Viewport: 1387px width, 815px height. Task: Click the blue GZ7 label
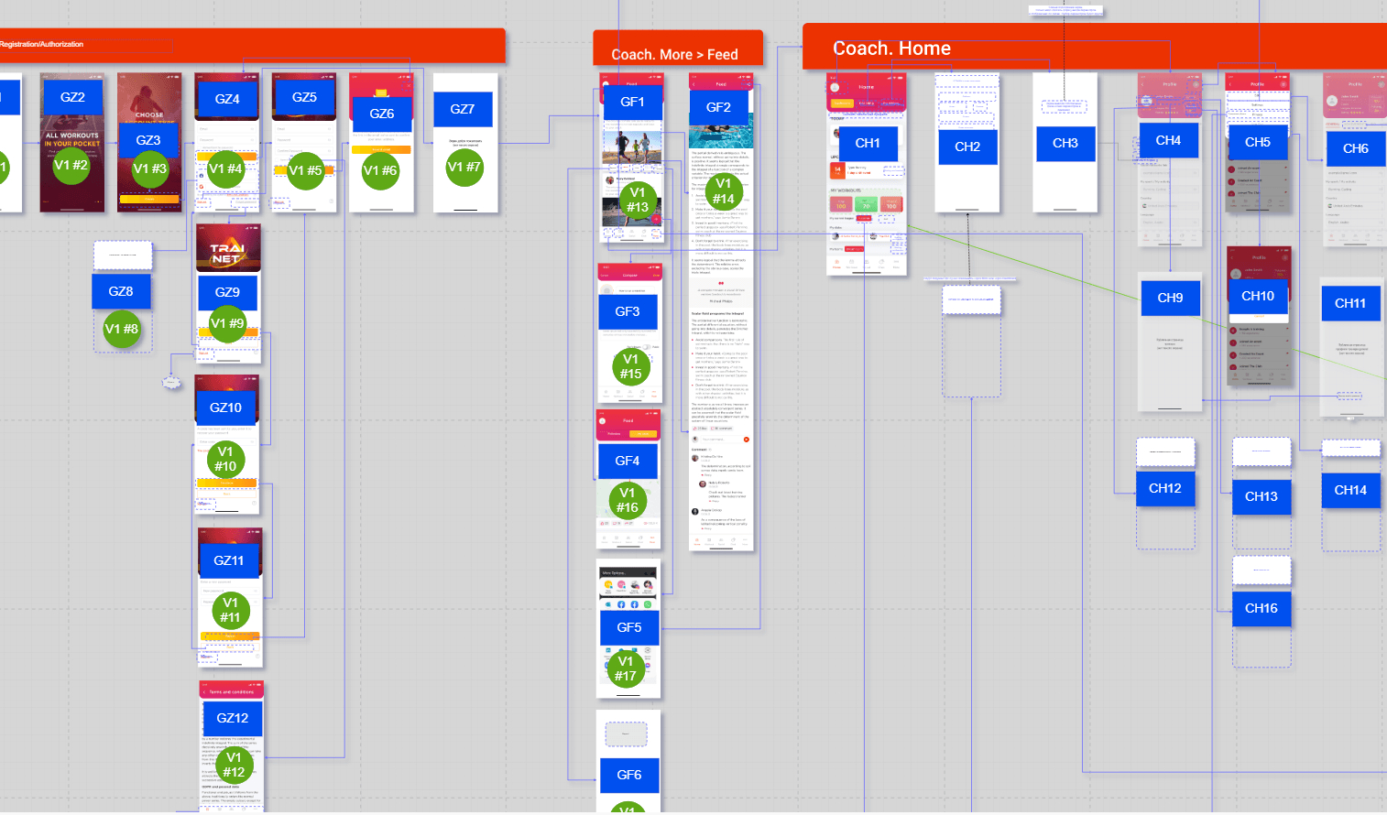(463, 109)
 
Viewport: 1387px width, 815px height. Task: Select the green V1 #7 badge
(464, 167)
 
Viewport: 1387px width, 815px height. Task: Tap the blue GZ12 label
(233, 718)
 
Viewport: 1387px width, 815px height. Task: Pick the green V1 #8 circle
(121, 329)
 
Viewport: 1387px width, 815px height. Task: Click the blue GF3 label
(628, 311)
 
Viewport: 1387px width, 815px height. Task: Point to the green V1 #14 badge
(724, 190)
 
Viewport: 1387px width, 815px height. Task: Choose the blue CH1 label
(868, 143)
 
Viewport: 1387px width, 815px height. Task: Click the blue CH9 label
(1170, 298)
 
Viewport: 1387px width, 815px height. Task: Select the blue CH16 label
(1261, 608)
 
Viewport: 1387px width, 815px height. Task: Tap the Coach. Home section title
(891, 49)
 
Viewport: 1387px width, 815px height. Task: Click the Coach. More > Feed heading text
(674, 55)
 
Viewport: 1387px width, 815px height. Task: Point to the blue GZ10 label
(225, 407)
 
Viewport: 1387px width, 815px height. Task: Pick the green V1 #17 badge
(626, 668)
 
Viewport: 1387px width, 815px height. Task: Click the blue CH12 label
(1165, 488)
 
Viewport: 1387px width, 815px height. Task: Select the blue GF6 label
(629, 775)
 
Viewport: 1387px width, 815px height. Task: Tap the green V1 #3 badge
(149, 168)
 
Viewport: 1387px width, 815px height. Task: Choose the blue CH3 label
(1065, 143)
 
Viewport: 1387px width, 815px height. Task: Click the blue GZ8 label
(121, 291)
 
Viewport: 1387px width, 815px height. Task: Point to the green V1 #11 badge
(230, 610)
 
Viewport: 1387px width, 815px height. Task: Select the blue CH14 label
(1350, 490)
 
